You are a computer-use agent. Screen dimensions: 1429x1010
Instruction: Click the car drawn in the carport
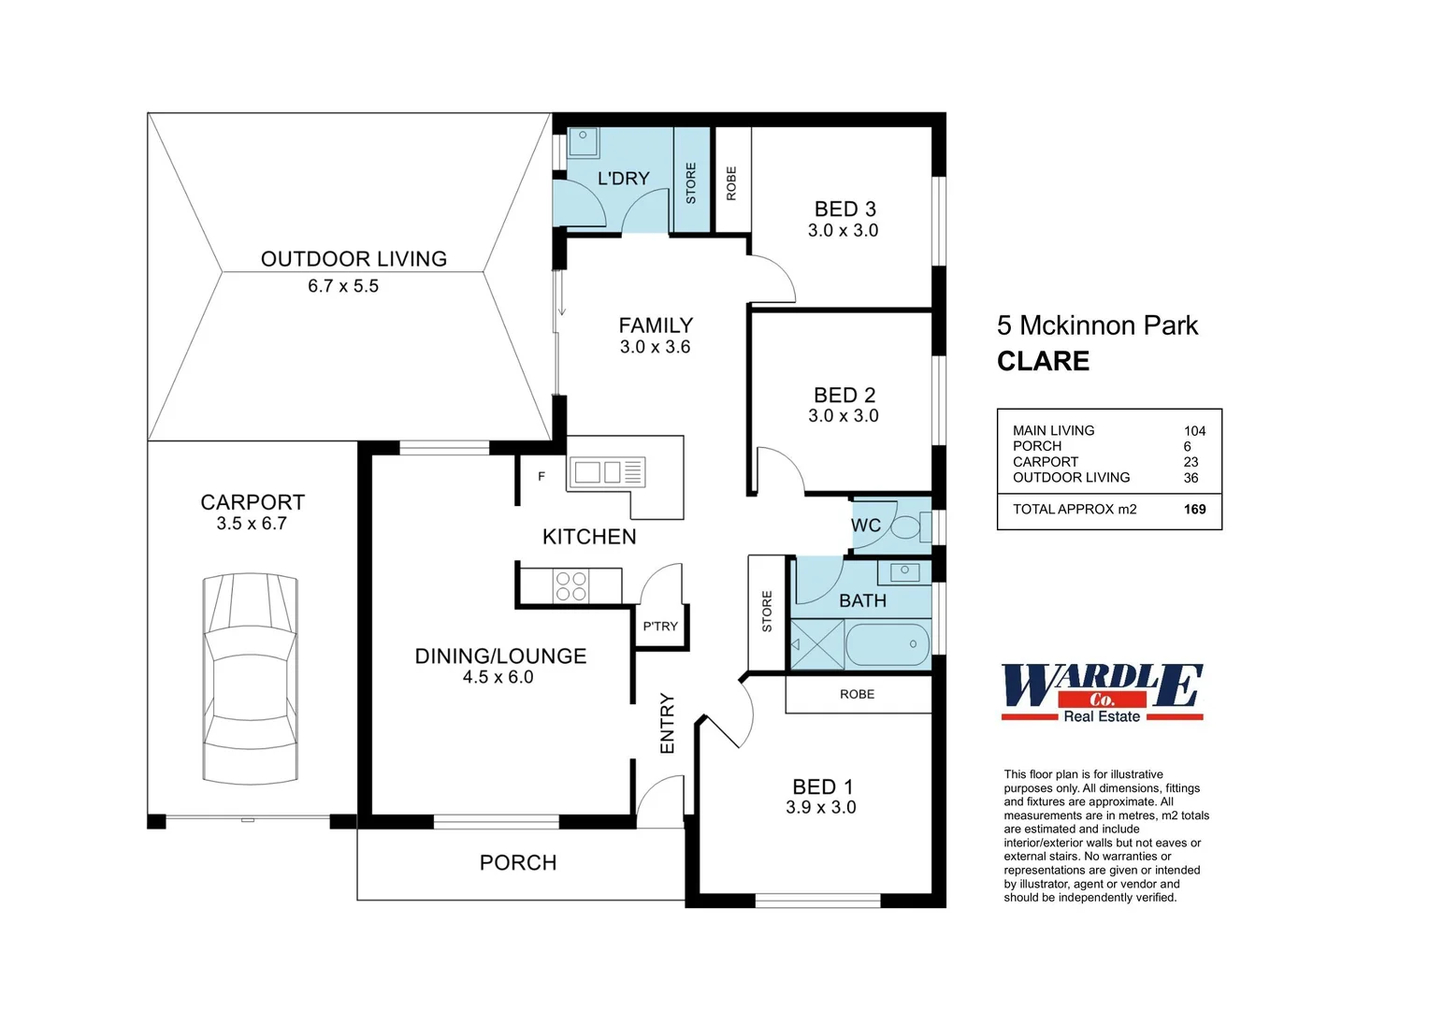(x=250, y=679)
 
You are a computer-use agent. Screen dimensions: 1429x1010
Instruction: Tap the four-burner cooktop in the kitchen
(x=571, y=585)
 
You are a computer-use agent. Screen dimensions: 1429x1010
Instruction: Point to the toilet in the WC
(x=910, y=527)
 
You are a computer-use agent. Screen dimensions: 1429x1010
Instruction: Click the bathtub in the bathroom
(x=888, y=644)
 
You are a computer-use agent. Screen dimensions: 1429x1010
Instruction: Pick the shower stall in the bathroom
(x=817, y=644)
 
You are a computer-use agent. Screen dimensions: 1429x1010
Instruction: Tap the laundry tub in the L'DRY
(x=583, y=141)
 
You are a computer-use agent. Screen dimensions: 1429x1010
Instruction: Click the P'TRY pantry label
(x=660, y=627)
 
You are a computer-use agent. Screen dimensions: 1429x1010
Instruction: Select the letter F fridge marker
(x=541, y=476)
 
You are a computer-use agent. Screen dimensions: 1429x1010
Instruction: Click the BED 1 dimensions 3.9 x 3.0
(x=821, y=807)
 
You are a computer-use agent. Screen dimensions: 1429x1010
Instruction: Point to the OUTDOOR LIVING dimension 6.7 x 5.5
(x=343, y=286)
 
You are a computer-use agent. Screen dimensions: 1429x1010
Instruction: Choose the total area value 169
(x=1195, y=509)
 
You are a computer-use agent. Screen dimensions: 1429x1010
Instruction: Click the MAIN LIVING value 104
(x=1195, y=431)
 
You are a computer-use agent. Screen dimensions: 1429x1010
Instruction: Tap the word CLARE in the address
(x=1043, y=361)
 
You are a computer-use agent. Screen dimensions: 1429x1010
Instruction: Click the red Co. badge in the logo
(x=1102, y=700)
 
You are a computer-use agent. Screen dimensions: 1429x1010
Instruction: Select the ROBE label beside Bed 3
(x=731, y=183)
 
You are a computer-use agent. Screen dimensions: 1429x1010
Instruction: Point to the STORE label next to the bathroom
(x=767, y=612)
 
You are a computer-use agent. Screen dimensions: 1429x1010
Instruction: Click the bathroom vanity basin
(x=904, y=572)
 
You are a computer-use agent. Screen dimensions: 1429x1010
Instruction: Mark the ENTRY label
(x=667, y=723)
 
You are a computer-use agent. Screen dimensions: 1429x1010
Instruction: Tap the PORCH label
(x=518, y=862)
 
